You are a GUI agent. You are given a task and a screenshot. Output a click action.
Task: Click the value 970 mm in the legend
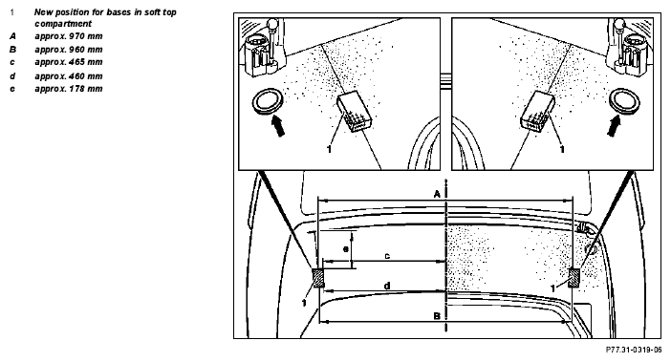[86, 36]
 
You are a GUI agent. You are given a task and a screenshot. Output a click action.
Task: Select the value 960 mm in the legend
[86, 50]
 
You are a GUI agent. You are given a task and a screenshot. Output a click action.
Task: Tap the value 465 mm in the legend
[86, 62]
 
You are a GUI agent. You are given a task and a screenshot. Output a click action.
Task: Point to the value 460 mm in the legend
[86, 76]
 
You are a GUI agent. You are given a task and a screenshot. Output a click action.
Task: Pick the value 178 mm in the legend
[86, 89]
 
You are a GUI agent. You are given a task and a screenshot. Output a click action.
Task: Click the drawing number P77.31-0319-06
[634, 350]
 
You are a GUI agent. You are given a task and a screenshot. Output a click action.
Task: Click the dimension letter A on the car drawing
[437, 195]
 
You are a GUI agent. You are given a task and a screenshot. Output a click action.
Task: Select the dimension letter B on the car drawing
[437, 316]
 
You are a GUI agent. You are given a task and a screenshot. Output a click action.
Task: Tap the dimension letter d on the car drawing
[387, 286]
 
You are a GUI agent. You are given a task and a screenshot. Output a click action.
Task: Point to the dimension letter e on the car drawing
[346, 248]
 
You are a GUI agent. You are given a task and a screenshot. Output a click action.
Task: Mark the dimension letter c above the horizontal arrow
[387, 256]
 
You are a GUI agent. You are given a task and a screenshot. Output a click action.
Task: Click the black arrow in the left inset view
[278, 127]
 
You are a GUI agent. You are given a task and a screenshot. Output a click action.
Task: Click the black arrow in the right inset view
[614, 127]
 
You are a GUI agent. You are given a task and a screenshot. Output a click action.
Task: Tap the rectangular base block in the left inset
[355, 112]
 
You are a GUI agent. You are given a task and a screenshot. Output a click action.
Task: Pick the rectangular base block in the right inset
[537, 112]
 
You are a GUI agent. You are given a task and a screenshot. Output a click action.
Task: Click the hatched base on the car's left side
[318, 278]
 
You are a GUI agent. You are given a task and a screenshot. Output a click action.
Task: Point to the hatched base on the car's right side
[574, 278]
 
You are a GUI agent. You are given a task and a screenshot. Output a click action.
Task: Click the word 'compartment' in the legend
[63, 24]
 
